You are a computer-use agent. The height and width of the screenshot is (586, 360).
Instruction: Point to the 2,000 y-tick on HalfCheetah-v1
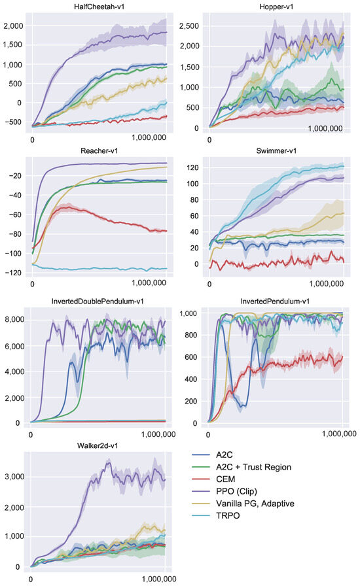pos(12,26)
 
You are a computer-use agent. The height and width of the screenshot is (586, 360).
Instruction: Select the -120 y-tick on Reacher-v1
pos(15,273)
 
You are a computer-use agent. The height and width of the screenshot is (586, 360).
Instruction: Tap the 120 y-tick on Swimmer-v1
pos(192,167)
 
